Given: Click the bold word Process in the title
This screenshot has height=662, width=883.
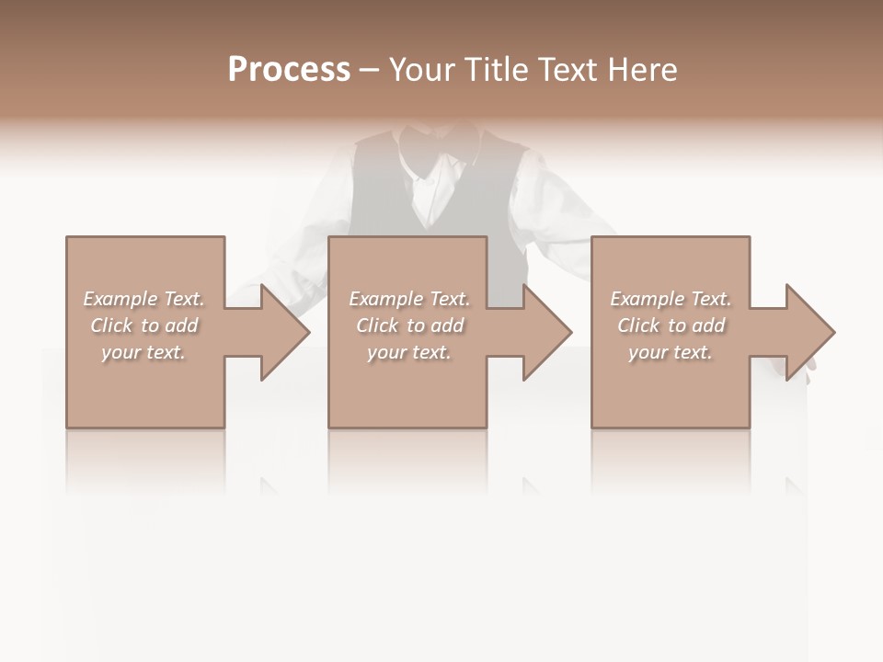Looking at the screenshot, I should click(x=289, y=70).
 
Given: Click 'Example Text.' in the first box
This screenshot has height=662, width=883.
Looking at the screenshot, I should click(x=143, y=299).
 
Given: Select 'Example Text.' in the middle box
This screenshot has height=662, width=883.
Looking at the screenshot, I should click(x=409, y=299).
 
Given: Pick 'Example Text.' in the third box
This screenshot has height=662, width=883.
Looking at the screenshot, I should click(x=671, y=299).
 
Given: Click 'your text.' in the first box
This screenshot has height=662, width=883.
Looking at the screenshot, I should click(x=143, y=352).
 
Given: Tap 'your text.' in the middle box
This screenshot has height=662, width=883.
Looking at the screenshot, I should click(x=409, y=352).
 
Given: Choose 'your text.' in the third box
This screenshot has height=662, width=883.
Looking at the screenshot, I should click(x=671, y=352).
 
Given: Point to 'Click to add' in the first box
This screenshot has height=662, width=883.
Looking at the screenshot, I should click(x=143, y=325).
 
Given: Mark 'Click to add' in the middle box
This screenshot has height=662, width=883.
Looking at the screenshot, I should click(x=409, y=325).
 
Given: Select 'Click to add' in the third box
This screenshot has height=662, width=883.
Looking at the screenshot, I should click(x=671, y=325).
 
